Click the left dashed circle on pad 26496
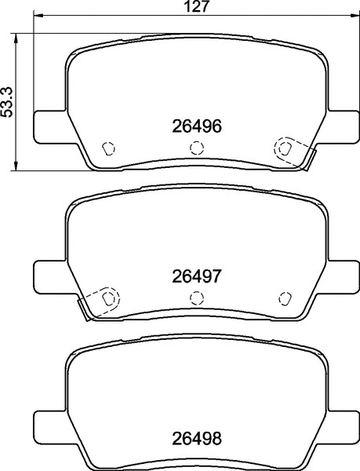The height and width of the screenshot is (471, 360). coord(110,147)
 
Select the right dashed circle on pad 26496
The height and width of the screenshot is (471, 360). coord(283,147)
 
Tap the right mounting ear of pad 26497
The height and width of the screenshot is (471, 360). coord(343,275)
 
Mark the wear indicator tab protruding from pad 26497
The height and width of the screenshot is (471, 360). coord(83,309)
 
